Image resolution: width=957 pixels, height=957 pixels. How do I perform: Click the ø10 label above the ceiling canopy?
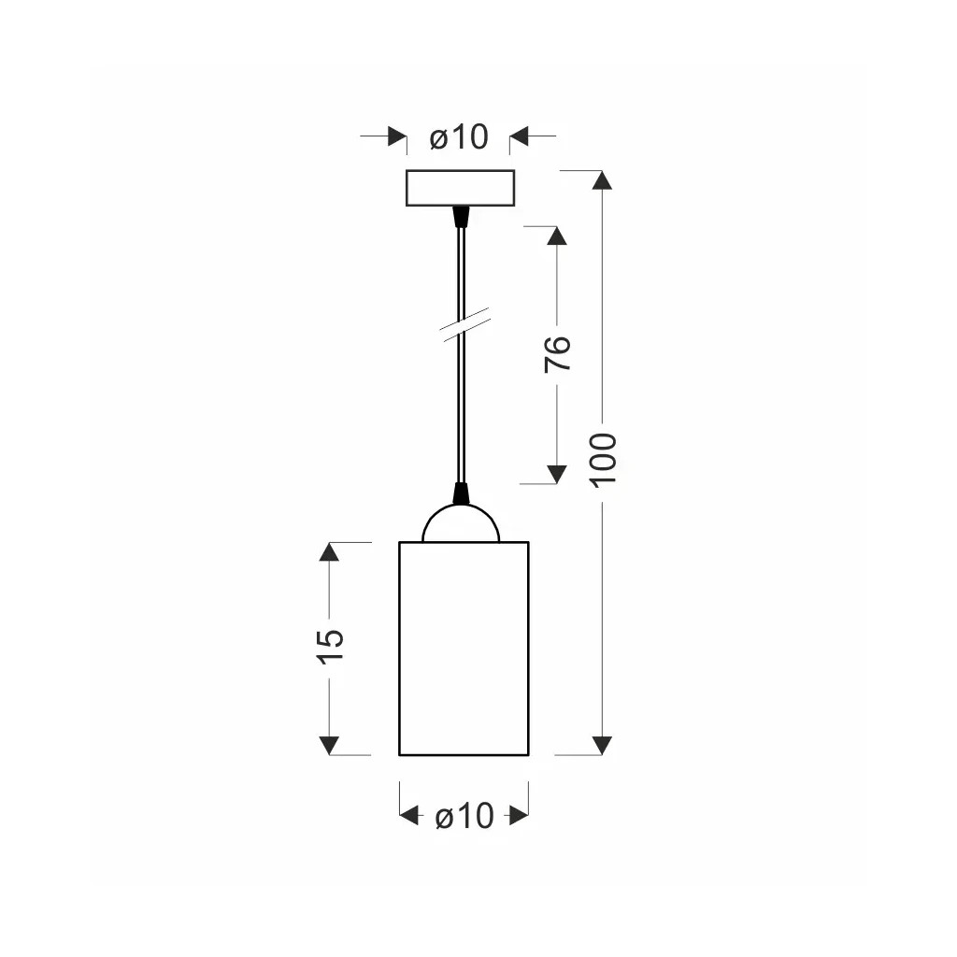(x=459, y=137)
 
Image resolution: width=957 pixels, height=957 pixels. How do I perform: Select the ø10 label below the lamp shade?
(x=464, y=816)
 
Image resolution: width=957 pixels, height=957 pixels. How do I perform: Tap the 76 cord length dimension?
(x=557, y=353)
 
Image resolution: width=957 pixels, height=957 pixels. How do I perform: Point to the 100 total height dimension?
(x=604, y=458)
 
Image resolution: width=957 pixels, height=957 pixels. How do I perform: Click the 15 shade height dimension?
(x=330, y=646)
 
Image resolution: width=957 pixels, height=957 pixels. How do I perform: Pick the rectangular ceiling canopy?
(x=460, y=188)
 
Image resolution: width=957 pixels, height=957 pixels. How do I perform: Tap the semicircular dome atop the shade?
(x=461, y=525)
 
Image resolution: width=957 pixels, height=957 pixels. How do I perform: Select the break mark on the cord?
(x=464, y=324)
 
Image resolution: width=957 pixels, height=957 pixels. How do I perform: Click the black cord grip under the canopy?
(x=460, y=217)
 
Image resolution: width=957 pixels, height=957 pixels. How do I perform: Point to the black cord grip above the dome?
(x=460, y=493)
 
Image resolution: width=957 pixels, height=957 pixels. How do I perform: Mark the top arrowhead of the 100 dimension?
(x=603, y=180)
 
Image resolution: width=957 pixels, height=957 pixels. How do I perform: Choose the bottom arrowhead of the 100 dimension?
(x=603, y=745)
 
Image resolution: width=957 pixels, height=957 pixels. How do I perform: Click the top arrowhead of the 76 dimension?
(x=557, y=236)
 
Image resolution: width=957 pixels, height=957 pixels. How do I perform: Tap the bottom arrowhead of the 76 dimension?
(x=557, y=474)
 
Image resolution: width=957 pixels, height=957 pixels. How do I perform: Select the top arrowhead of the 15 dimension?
(x=329, y=551)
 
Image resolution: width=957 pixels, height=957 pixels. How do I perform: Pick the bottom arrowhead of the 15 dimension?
(x=329, y=745)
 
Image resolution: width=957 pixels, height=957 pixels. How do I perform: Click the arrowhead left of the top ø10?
(x=396, y=137)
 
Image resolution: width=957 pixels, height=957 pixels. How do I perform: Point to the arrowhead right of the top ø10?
(x=520, y=137)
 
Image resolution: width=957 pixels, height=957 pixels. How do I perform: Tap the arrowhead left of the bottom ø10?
(x=409, y=816)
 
